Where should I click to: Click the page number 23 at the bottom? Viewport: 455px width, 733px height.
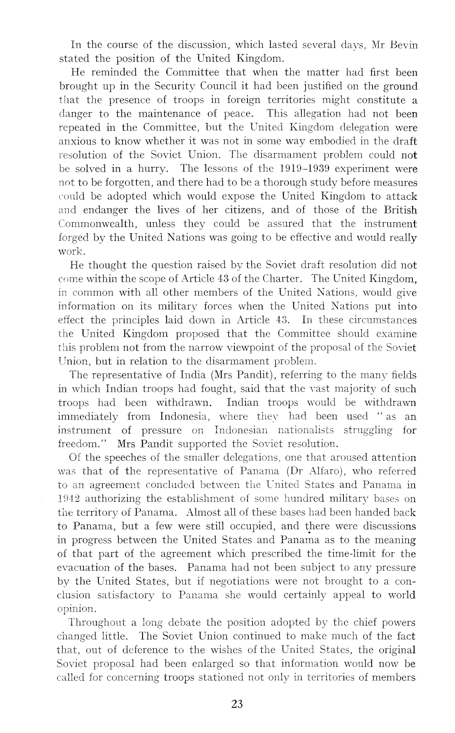pyautogui.click(x=237, y=704)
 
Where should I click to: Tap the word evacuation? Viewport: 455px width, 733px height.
pyautogui.click(x=89, y=568)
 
